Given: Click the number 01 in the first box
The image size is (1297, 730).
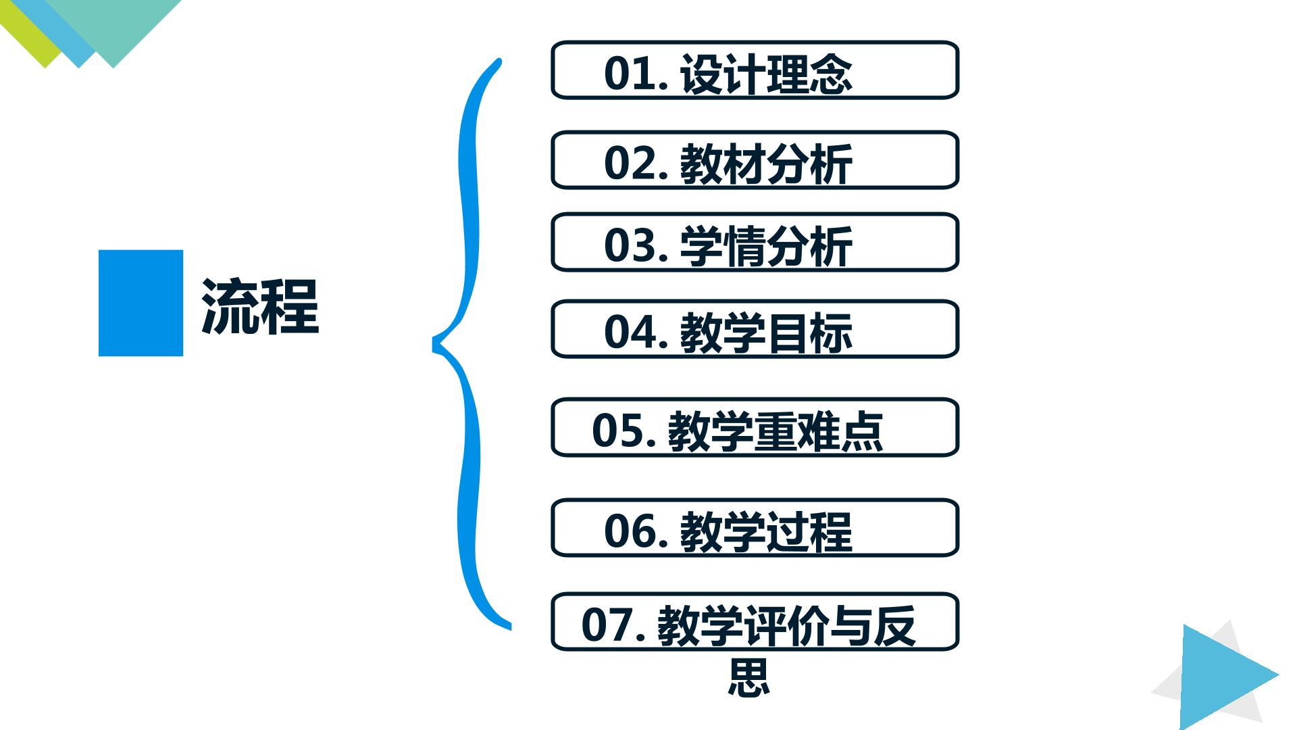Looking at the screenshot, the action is [x=630, y=73].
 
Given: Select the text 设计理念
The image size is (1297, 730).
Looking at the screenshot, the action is [x=766, y=73].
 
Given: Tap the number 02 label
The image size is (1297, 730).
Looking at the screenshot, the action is [x=630, y=164].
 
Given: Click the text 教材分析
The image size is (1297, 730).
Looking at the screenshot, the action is [x=766, y=164].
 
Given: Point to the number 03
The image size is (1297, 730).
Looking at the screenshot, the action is [x=630, y=245].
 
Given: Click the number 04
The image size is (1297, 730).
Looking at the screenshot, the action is [x=630, y=332].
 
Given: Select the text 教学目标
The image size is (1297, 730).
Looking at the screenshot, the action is [x=766, y=333].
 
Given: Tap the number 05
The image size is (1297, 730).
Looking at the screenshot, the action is [x=617, y=431].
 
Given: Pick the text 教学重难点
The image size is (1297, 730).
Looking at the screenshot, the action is [x=775, y=431].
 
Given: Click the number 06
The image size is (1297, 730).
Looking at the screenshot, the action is [x=630, y=531].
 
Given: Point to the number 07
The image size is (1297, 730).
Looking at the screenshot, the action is [x=607, y=625].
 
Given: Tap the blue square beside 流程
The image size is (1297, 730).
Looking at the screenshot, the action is [x=141, y=303].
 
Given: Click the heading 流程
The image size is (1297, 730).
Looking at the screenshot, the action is [x=260, y=306].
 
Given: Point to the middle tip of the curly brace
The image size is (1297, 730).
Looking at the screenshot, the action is [x=434, y=344].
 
